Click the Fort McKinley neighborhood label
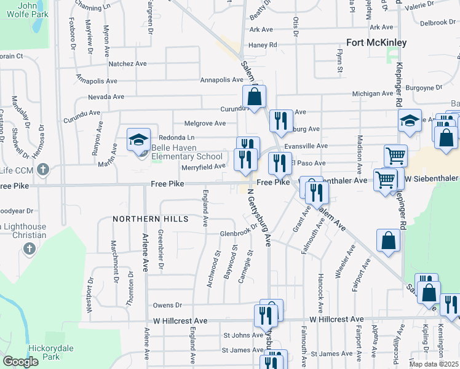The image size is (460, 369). point(376,42)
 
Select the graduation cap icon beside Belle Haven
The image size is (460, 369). point(138,139)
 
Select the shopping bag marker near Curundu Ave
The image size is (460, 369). point(254,97)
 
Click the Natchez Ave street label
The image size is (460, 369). point(127,63)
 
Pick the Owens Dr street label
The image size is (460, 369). point(168,305)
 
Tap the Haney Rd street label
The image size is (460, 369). point(263,45)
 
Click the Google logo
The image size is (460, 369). point(20,362)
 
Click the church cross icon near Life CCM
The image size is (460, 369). point(43,169)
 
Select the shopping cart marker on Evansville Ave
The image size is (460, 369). point(395,156)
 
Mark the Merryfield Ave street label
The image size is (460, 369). point(204,166)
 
